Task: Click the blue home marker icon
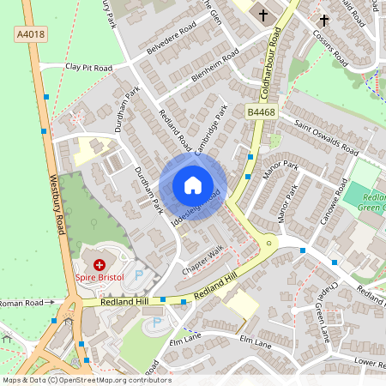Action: pos(193,185)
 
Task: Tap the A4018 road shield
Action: pos(29,33)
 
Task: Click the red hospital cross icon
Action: pos(100,265)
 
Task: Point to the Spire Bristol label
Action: pos(100,278)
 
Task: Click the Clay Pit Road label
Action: pos(88,67)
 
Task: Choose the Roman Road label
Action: pos(21,303)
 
